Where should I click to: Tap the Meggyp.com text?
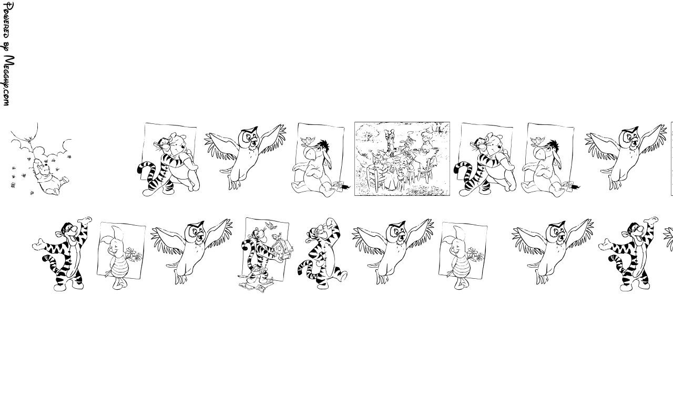[8, 80]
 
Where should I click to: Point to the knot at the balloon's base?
[30, 138]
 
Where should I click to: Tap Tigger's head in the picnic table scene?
[391, 134]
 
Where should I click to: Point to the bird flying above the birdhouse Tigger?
[272, 225]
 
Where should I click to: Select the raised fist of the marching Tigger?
[331, 222]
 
